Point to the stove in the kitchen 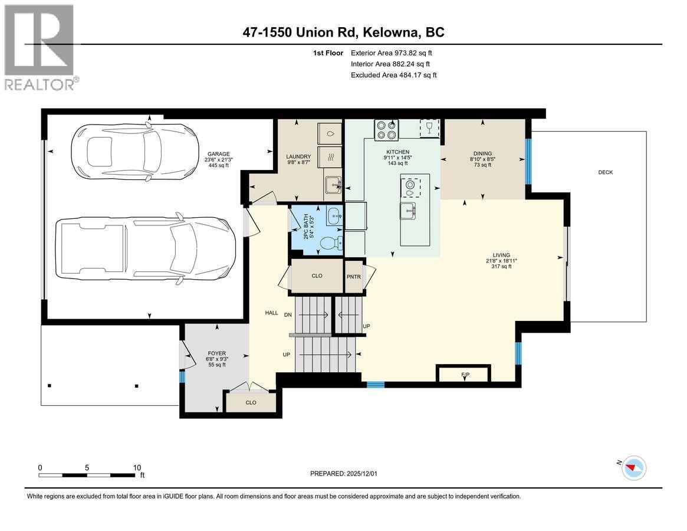pos(386,129)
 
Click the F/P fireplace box pos(463,374)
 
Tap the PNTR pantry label pos(353,276)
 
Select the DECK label pos(606,172)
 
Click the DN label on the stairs pos(288,315)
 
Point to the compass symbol pos(634,467)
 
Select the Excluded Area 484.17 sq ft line pos(393,75)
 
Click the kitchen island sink pos(408,209)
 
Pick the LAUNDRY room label pos(299,156)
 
